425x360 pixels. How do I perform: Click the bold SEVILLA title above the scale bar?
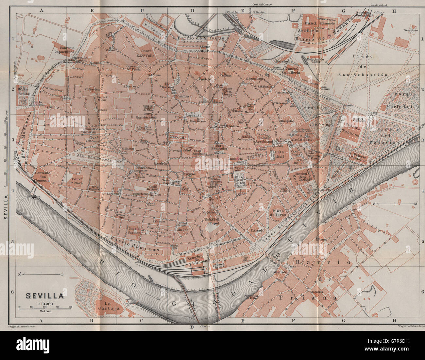pyautogui.click(x=45, y=296)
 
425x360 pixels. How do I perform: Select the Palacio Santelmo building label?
pyautogui.click(x=359, y=158)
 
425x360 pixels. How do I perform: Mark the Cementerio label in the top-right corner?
pyautogui.click(x=411, y=30)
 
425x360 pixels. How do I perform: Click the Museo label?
pyautogui.click(x=182, y=230)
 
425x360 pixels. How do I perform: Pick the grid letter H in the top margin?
pyautogui.click(x=395, y=10)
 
